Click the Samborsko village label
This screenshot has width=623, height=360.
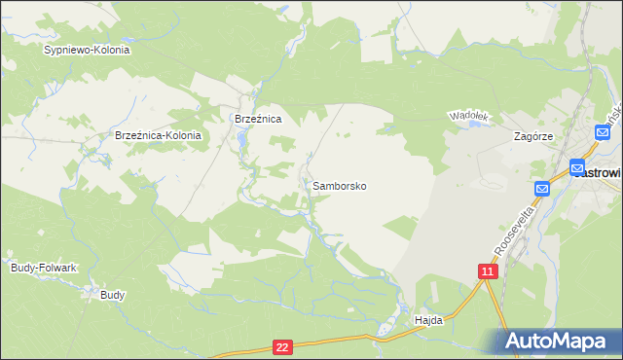click(x=340, y=185)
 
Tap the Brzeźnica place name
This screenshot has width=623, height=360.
click(x=258, y=119)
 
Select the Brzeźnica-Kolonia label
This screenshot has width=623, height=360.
click(x=158, y=136)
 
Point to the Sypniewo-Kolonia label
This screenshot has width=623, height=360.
click(x=87, y=50)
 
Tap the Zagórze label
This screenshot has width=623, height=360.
click(x=533, y=137)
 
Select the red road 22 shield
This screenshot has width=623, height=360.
click(x=282, y=346)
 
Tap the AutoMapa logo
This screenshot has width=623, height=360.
click(x=560, y=342)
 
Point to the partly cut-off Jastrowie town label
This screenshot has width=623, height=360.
click(x=598, y=172)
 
